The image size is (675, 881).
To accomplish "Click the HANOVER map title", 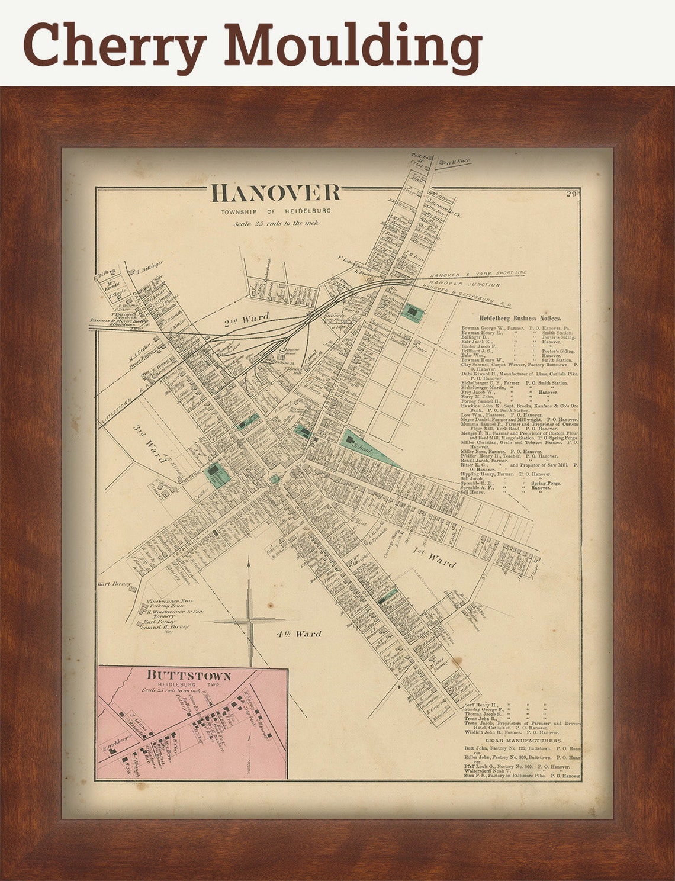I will click(276, 194).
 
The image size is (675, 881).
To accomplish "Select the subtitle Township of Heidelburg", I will click(276, 211).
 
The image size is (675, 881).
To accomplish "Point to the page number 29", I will click(571, 194).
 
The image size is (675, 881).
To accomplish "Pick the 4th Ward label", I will click(298, 634).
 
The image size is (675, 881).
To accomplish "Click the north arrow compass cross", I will click(250, 620).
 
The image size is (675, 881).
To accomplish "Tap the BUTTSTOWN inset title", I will click(188, 676).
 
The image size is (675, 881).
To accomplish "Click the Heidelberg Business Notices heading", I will click(520, 318).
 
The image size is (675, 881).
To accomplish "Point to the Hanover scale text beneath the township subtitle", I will click(276, 223).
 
